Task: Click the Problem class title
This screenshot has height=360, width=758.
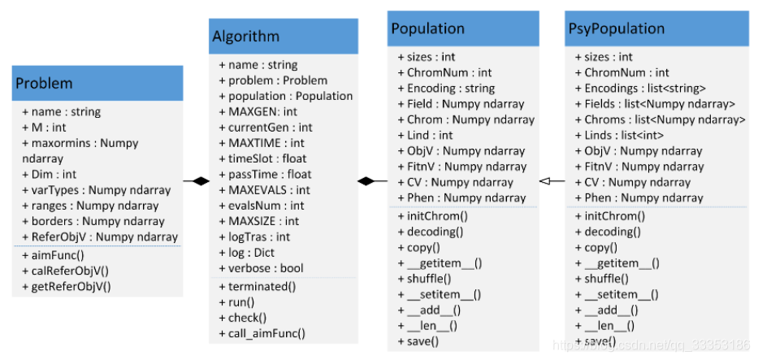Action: [x=44, y=83]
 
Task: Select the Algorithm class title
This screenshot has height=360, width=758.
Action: [x=245, y=37]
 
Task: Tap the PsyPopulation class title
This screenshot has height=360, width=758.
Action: [x=615, y=28]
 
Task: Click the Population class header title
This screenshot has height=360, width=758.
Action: [x=428, y=28]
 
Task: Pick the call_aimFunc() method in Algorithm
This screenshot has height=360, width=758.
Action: [x=262, y=333]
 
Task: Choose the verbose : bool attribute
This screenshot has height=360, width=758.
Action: [x=261, y=268]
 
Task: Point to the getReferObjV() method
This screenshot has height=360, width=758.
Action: [x=67, y=287]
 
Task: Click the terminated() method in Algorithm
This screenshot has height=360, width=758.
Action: [x=258, y=287]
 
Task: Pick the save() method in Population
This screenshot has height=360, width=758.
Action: [x=418, y=341]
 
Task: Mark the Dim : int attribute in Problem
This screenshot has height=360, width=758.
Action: [x=50, y=175]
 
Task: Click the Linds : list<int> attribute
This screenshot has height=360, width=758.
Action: [x=619, y=135]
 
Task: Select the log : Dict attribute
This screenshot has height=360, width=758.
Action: [x=246, y=253]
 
